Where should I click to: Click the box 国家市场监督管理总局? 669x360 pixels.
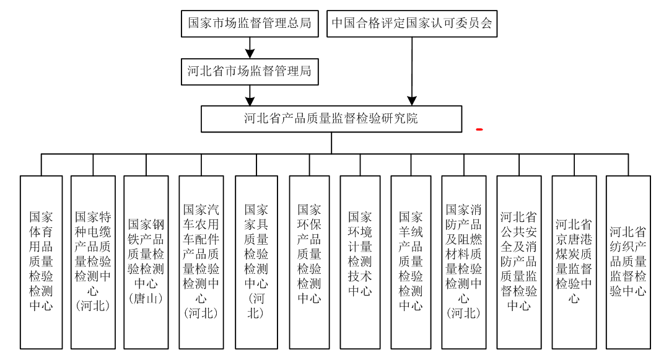pyautogui.click(x=250, y=24)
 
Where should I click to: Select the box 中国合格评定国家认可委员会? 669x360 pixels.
pyautogui.click(x=412, y=24)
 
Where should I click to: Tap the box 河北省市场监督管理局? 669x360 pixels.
pyautogui.click(x=250, y=72)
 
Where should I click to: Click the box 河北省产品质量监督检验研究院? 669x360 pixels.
pyautogui.click(x=331, y=119)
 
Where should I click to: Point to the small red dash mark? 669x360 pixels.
pyautogui.click(x=479, y=130)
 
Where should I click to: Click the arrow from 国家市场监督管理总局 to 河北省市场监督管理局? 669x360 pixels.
pyautogui.click(x=250, y=48)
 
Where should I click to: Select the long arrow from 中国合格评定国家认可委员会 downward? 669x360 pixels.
pyautogui.click(x=412, y=71)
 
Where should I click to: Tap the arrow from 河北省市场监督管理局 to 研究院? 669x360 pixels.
pyautogui.click(x=250, y=95)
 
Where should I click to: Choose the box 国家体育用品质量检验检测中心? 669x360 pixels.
pyautogui.click(x=42, y=262)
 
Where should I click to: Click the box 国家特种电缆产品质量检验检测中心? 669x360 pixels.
pyautogui.click(x=93, y=262)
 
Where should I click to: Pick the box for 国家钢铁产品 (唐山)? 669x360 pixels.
pyautogui.click(x=146, y=262)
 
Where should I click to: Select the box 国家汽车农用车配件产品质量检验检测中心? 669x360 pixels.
pyautogui.click(x=201, y=262)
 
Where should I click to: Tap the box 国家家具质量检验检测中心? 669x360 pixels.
pyautogui.click(x=256, y=262)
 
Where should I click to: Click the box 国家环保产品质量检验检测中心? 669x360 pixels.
pyautogui.click(x=309, y=262)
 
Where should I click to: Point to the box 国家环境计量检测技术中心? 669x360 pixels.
pyautogui.click(x=360, y=262)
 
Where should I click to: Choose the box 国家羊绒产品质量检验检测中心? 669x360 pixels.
pyautogui.click(x=411, y=262)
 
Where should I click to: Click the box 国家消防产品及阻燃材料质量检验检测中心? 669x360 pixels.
pyautogui.click(x=464, y=262)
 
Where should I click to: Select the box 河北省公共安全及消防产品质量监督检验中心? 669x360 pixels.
pyautogui.click(x=519, y=262)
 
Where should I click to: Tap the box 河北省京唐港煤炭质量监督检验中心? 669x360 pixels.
pyautogui.click(x=574, y=262)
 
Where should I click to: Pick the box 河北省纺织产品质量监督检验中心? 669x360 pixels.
pyautogui.click(x=628, y=262)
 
